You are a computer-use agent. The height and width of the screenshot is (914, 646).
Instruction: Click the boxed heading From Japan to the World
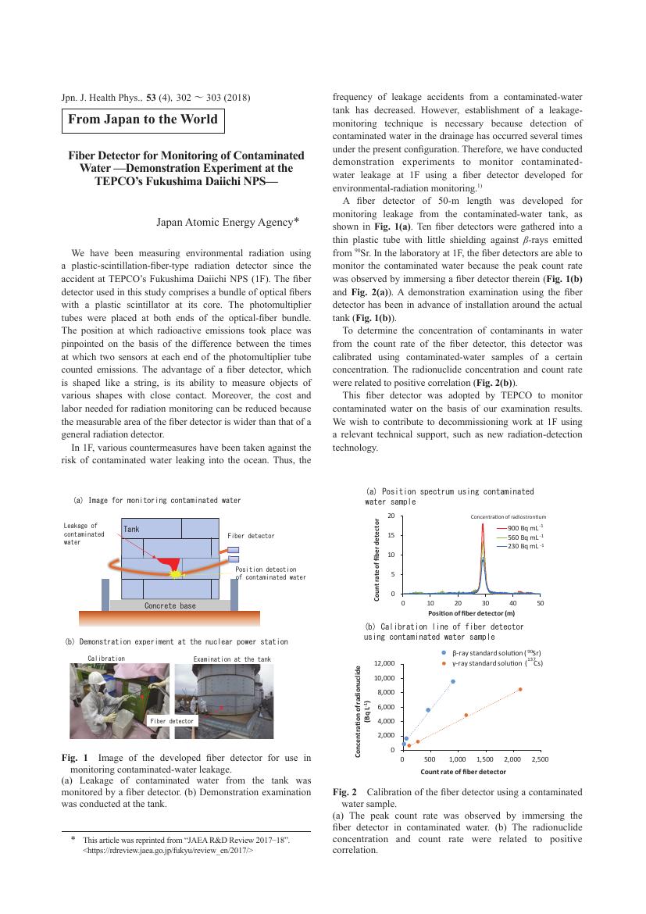143,120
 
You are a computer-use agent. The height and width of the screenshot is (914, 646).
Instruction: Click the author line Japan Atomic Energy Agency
228,222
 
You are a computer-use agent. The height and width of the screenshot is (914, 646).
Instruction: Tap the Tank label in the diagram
130,530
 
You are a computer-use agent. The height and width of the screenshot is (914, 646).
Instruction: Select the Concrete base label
170,605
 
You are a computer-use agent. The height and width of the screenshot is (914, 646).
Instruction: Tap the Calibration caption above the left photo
106,659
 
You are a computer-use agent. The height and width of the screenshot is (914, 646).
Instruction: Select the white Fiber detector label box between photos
171,721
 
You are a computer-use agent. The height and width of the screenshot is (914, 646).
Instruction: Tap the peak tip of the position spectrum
483,524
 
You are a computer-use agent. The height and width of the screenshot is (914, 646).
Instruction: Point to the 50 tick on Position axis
541,604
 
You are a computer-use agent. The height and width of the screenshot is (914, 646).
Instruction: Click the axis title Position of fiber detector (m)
472,614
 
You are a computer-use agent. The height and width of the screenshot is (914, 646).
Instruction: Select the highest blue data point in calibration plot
453,681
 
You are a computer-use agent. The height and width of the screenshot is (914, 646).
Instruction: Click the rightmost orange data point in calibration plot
520,689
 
